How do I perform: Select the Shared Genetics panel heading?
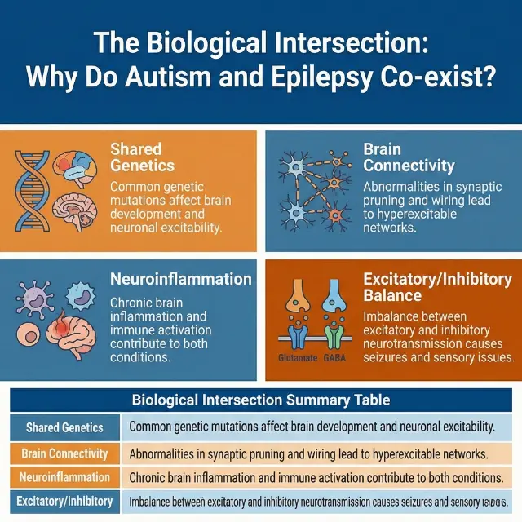(142, 157)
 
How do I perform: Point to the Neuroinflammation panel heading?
(180, 279)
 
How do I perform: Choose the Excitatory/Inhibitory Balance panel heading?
(437, 287)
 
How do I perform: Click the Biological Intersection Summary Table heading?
(260, 400)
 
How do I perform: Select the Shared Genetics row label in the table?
(64, 427)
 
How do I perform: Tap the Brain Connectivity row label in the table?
(64, 453)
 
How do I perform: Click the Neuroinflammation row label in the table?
(64, 477)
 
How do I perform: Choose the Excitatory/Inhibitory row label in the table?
(64, 501)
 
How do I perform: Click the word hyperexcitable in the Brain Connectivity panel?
(415, 215)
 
